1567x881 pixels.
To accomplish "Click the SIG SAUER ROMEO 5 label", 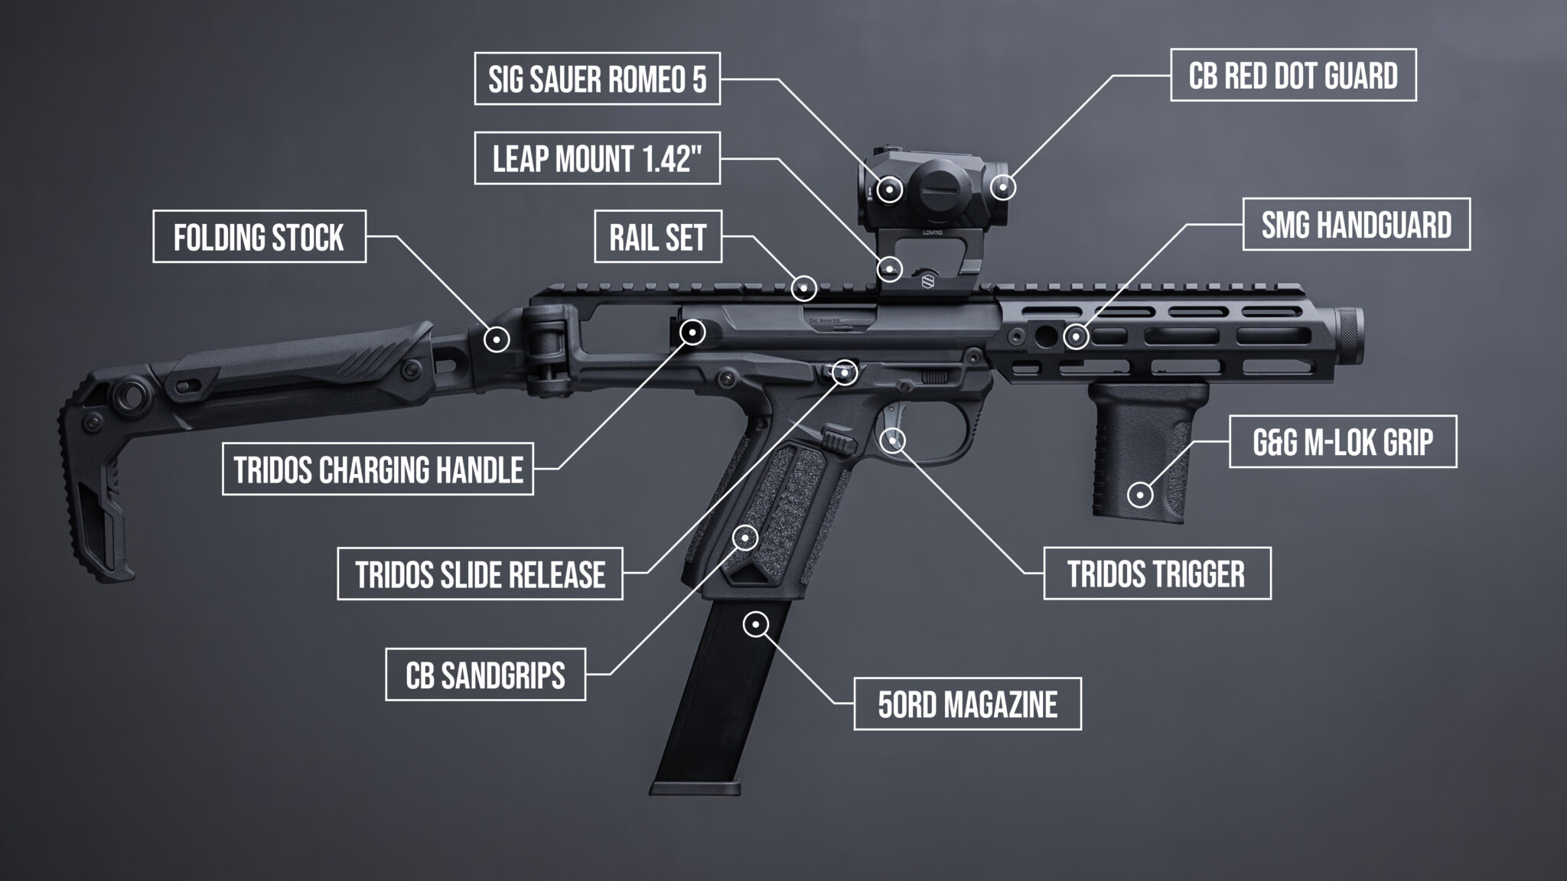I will coord(597,79).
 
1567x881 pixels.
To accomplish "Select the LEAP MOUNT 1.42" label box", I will coord(597,158).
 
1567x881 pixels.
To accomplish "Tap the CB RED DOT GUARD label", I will coord(1293,75).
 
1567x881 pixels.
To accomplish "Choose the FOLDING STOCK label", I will coord(259,237).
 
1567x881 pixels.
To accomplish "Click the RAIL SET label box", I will coord(658,237).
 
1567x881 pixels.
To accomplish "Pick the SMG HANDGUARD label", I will coord(1356,225).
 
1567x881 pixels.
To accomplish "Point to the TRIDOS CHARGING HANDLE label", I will coord(378,469).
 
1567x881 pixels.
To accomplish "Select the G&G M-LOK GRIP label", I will coord(1343,442).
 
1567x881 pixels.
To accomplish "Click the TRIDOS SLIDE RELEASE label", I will coord(480,574).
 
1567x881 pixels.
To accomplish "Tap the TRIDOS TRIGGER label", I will coord(1157,574).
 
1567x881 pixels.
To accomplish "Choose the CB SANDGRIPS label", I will coord(485,675).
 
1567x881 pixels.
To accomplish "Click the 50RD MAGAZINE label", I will coord(967,704).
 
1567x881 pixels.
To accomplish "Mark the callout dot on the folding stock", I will coord(497,338).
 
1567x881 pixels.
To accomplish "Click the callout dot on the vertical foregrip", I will coord(1140,495).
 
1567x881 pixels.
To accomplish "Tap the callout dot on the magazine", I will coord(755,625).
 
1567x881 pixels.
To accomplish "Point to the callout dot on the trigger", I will coord(894,440).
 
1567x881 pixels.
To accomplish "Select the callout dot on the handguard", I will coord(1076,336).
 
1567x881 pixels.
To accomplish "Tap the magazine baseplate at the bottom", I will coord(696,788).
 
